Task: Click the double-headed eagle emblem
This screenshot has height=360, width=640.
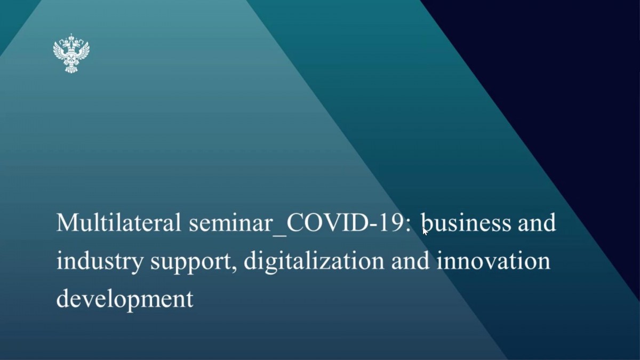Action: pyautogui.click(x=71, y=53)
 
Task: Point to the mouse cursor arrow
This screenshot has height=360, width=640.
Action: pyautogui.click(x=426, y=231)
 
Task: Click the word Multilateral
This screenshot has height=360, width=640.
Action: pyautogui.click(x=119, y=222)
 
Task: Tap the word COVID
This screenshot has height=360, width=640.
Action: pyautogui.click(x=327, y=222)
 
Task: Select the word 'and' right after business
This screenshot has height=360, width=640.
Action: pyautogui.click(x=537, y=222)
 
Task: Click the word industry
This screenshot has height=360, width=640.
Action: pyautogui.click(x=100, y=261)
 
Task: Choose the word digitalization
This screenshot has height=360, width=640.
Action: pyautogui.click(x=314, y=261)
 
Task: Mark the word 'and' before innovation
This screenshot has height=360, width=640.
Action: pyautogui.click(x=410, y=261)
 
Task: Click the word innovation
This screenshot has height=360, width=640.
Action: pyautogui.click(x=493, y=261)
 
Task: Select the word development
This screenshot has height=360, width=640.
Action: pyautogui.click(x=125, y=300)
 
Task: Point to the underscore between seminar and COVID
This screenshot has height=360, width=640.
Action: pyautogui.click(x=279, y=235)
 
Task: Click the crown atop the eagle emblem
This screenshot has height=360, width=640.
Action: pyautogui.click(x=71, y=37)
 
